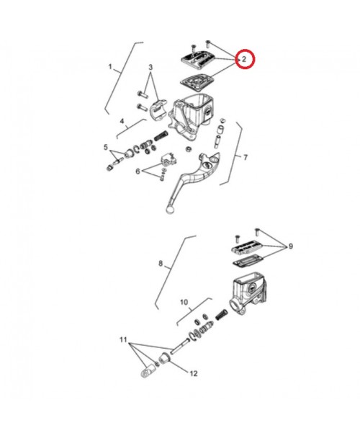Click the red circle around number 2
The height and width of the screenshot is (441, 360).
[245, 50]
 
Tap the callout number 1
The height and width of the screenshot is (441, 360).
[110, 67]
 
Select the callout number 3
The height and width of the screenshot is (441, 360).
[150, 67]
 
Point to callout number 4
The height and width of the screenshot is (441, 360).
[122, 121]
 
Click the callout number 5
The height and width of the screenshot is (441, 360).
[106, 147]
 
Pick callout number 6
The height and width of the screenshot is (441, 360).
[138, 171]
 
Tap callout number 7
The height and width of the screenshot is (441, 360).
[246, 157]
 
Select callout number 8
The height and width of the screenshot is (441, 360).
[161, 264]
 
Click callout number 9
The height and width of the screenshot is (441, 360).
[291, 246]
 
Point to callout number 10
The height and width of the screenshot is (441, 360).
[184, 303]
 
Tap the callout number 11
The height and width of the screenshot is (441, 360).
[123, 339]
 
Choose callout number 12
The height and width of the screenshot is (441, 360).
[194, 373]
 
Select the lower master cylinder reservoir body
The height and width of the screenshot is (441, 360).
[248, 293]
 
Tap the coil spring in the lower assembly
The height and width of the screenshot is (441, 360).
[222, 315]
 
